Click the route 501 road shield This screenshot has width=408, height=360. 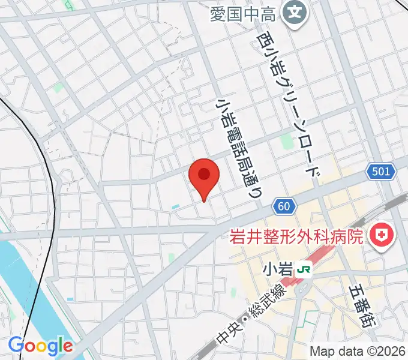point(381,172)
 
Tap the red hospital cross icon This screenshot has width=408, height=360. point(380,236)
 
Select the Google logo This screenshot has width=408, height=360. point(40,346)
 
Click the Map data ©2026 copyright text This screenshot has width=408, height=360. point(358,351)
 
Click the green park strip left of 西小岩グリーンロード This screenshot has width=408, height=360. point(286,143)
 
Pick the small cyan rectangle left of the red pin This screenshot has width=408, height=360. point(175,207)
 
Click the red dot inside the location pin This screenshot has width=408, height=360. point(204,175)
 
